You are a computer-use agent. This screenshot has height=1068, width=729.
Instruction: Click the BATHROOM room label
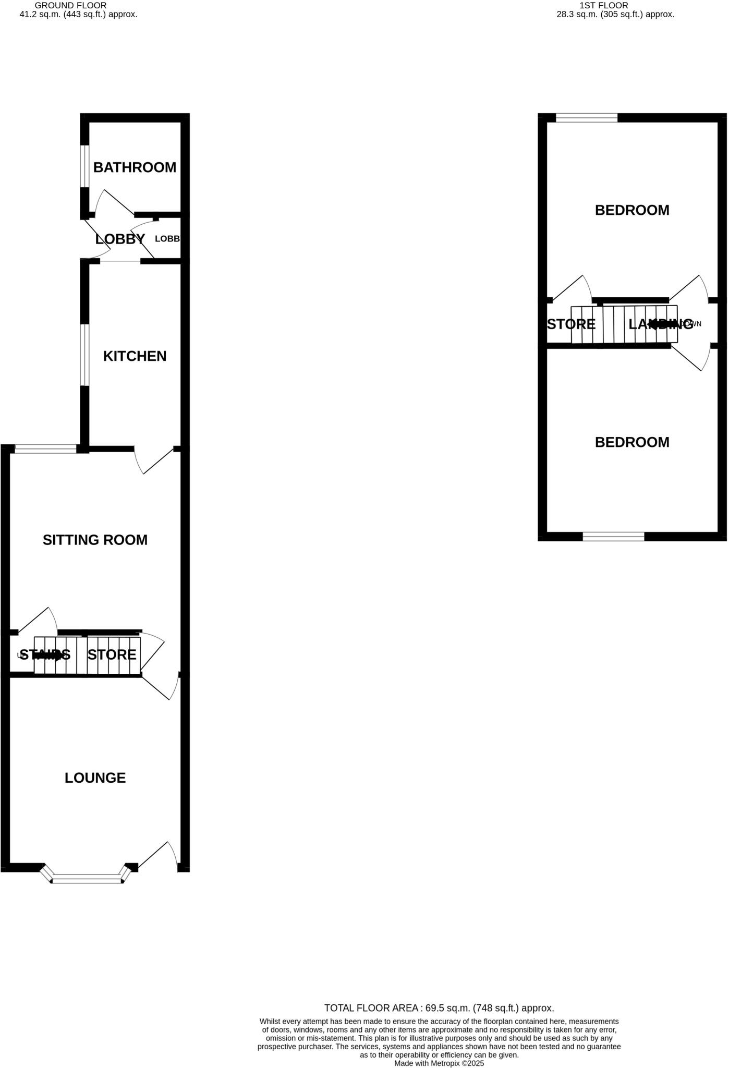[135, 167]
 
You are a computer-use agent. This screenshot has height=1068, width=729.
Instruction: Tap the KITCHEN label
[135, 356]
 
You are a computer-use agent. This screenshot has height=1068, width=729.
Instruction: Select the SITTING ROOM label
[95, 540]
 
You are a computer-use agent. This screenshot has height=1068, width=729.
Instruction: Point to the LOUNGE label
[95, 778]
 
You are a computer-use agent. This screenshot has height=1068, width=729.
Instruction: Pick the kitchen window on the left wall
[83, 355]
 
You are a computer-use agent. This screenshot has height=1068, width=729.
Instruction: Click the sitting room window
[45, 448]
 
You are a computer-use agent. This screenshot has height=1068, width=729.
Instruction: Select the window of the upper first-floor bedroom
[587, 118]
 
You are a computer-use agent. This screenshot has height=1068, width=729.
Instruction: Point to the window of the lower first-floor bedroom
[613, 537]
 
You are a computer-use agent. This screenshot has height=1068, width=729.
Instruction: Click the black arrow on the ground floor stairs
[47, 654]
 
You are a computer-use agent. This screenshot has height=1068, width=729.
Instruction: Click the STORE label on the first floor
[571, 324]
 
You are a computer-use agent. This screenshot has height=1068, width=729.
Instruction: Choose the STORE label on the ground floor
[112, 654]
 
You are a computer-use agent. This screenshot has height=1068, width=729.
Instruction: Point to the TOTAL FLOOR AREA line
[439, 1008]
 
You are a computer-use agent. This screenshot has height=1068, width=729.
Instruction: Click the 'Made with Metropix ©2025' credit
[439, 1063]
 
